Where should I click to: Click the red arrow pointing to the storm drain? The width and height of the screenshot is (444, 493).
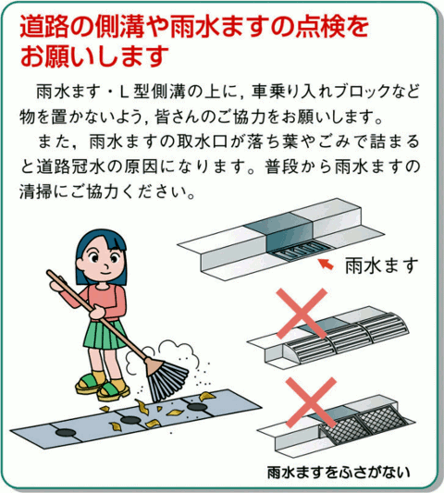coord(327,264)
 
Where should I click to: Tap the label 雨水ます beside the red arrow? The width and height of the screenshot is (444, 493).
coord(382,266)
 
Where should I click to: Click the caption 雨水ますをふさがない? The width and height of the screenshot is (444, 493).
coord(339,472)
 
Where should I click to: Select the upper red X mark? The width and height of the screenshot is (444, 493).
coord(302,314)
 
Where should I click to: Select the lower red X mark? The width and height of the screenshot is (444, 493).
coord(311,402)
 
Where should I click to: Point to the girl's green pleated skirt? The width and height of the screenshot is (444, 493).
coord(104,334)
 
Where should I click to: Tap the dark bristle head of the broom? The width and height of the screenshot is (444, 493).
coord(167,381)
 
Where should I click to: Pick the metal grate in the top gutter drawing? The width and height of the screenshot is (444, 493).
coord(301,252)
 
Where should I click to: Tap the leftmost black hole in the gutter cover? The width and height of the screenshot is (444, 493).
coord(66,433)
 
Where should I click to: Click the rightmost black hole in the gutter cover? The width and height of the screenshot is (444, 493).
coord(197,407)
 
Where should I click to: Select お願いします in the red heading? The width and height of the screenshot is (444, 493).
coord(93,56)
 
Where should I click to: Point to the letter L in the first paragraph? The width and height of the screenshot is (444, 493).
coord(124,92)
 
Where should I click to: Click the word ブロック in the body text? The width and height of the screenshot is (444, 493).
coord(364,92)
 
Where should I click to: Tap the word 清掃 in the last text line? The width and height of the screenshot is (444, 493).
coord(36,191)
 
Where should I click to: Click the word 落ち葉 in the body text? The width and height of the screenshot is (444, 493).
coord(273,142)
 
